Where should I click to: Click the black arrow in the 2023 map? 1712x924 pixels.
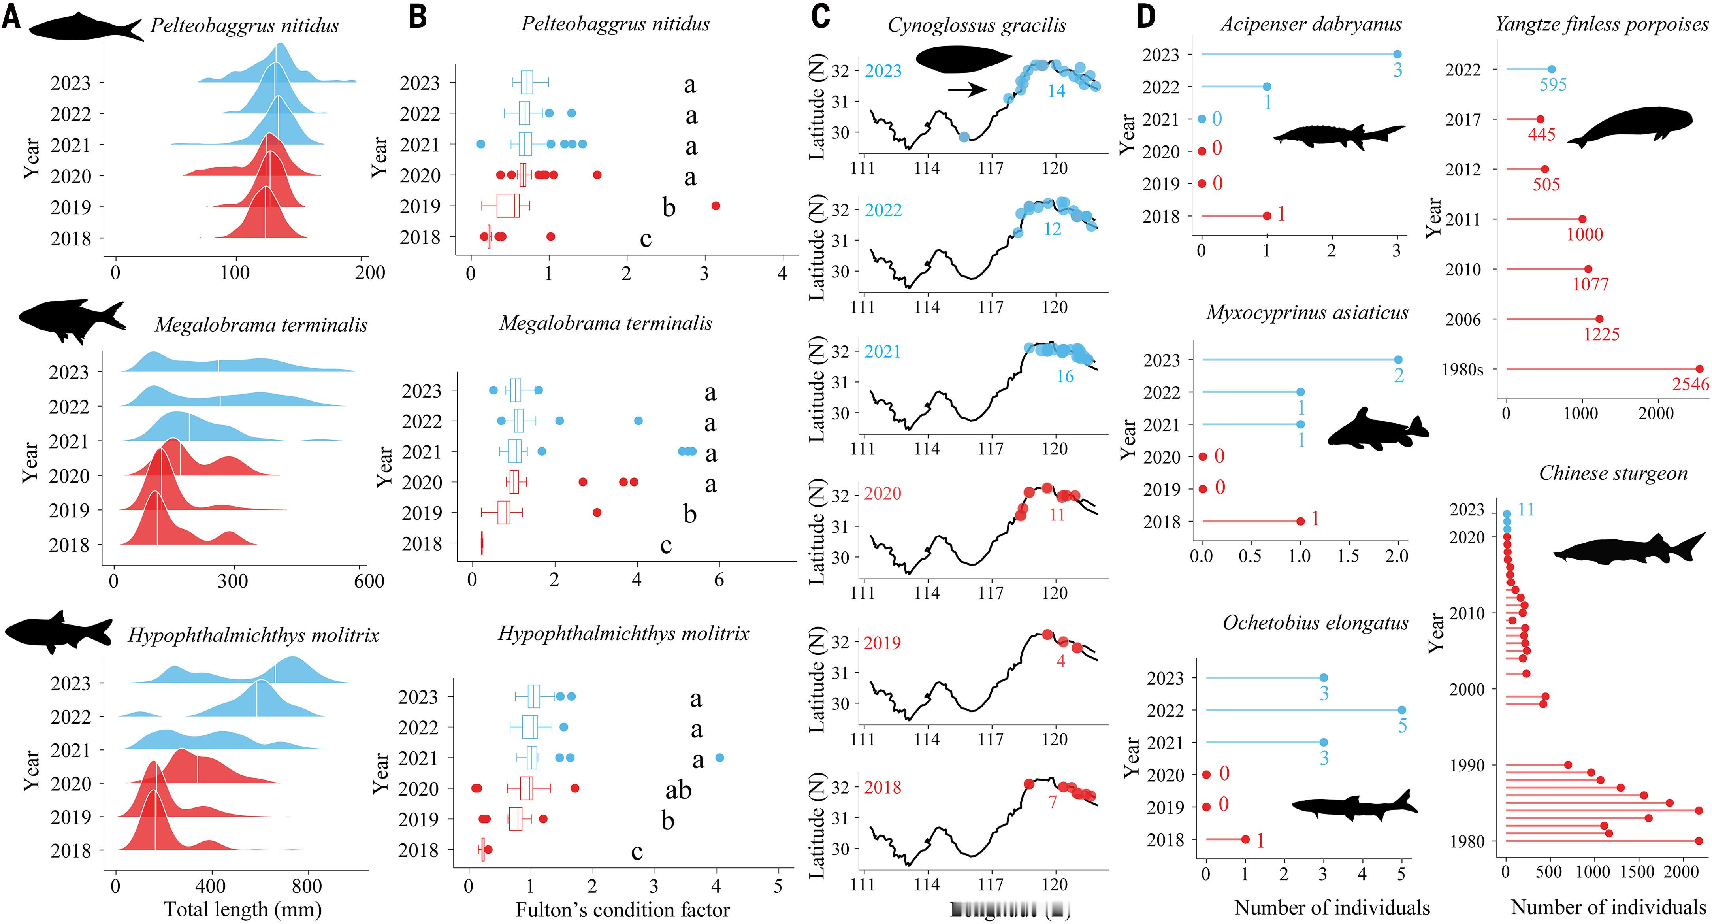[x=967, y=90]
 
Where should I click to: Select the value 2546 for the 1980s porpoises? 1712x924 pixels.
[x=1690, y=384]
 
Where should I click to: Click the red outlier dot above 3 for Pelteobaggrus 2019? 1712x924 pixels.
[x=716, y=206]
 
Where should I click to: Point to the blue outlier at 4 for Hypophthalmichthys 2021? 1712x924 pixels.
[x=719, y=758]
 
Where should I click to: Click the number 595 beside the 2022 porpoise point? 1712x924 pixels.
[x=1553, y=85]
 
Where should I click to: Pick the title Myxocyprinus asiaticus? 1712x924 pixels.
[x=1307, y=313]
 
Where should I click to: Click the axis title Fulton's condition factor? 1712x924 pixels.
[x=623, y=909]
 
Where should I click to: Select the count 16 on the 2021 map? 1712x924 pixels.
[x=1065, y=376]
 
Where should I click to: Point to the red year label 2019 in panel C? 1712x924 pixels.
[x=882, y=643]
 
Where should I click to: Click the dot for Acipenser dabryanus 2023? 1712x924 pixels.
[x=1397, y=55]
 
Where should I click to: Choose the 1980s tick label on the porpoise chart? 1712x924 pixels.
[x=1462, y=369]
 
